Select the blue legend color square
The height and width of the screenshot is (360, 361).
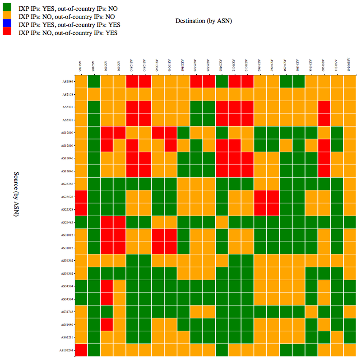6,24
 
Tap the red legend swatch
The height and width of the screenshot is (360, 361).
6,32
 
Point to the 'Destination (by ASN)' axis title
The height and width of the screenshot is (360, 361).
204,21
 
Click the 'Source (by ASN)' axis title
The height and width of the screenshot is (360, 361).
16,194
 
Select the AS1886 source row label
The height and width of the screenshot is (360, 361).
68,82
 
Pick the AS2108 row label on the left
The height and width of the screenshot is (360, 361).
68,94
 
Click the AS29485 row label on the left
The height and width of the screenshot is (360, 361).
68,222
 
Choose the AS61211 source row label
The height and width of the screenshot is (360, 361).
68,337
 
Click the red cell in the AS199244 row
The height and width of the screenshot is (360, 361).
81,350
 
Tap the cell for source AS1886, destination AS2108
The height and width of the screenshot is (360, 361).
93,82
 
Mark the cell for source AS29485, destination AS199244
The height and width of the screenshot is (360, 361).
349,222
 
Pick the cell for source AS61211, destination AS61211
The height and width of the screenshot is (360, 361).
337,337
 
